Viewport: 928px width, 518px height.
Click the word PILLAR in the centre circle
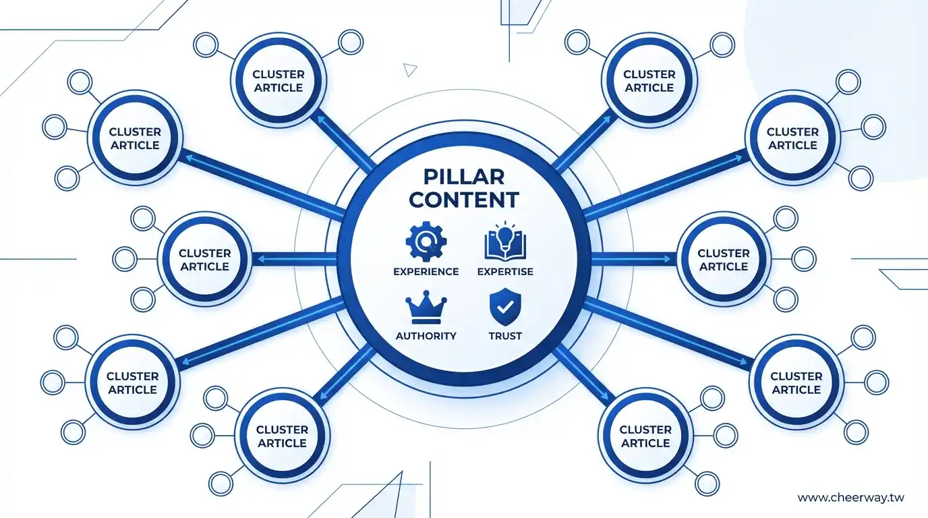(464, 177)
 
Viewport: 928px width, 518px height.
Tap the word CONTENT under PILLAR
(464, 200)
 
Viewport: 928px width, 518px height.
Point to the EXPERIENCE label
(426, 272)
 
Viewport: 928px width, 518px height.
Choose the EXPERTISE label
(505, 272)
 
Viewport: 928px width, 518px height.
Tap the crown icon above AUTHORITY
(426, 308)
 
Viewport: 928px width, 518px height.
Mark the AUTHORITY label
(426, 336)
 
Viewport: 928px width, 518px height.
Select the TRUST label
(505, 336)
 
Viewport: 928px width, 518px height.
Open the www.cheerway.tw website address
(850, 498)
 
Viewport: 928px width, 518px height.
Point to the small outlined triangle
(410, 69)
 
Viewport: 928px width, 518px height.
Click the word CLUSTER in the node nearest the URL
(796, 376)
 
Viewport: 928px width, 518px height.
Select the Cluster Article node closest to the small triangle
(279, 81)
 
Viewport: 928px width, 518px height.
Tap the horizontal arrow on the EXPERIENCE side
(294, 259)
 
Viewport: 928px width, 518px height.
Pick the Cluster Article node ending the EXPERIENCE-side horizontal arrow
(204, 260)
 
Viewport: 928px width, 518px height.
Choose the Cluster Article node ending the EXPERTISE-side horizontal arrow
(723, 260)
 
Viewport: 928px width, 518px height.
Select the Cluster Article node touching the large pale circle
(792, 138)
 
